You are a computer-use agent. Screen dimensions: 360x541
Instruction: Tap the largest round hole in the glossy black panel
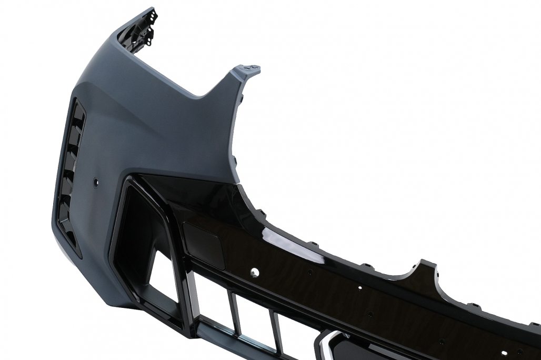coord(255,272)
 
